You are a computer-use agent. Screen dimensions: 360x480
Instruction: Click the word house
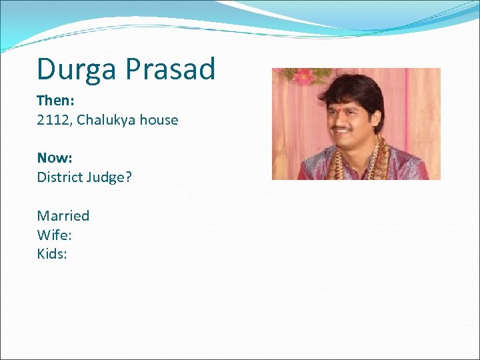coord(161,120)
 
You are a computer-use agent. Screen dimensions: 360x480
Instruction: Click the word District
coord(60,177)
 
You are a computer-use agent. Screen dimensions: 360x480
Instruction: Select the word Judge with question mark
coord(110,178)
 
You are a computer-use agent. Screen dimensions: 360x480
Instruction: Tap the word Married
coord(63,215)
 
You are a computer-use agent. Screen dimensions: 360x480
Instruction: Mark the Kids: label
coord(52,253)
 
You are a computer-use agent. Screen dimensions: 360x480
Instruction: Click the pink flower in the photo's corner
coord(303,75)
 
